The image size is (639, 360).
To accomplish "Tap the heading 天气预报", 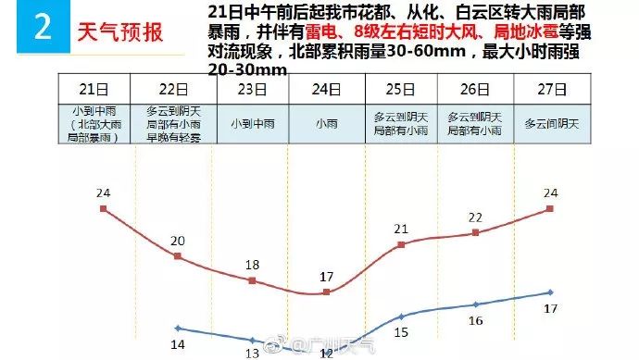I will (118, 32).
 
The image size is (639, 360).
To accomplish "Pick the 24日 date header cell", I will (327, 90).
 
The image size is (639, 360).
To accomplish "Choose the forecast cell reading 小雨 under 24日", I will (327, 122).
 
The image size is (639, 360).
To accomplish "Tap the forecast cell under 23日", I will (252, 122).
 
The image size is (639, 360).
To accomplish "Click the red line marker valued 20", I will (178, 256).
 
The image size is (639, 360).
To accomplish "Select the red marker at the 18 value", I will (252, 279).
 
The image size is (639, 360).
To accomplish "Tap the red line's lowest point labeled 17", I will (327, 292).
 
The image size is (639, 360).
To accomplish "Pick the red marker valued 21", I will (401, 244).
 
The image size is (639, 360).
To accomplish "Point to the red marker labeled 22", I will (476, 232).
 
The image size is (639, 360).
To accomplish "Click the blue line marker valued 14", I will (178, 328).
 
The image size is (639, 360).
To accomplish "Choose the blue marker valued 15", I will (401, 317).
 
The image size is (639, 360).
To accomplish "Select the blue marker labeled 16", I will (476, 304).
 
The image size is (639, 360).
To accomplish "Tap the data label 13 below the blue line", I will (251, 353).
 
